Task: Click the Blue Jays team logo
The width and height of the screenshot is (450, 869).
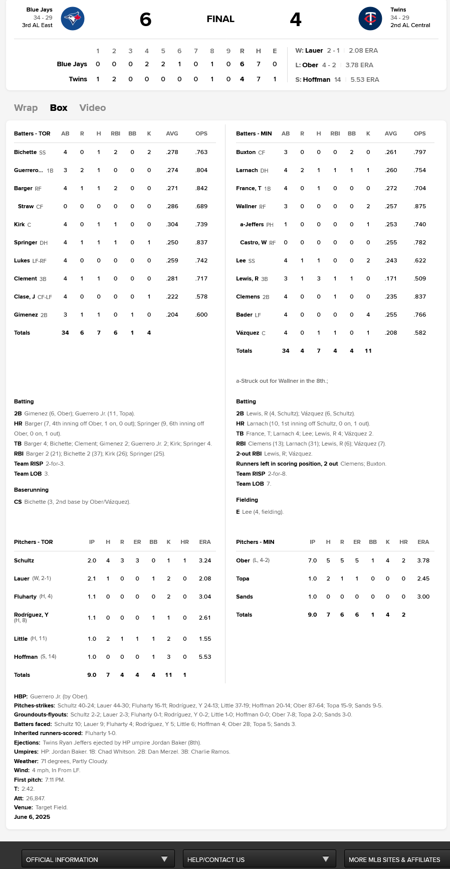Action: pyautogui.click(x=73, y=19)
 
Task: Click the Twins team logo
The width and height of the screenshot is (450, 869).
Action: pyautogui.click(x=370, y=19)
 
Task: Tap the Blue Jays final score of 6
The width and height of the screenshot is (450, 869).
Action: pyautogui.click(x=145, y=19)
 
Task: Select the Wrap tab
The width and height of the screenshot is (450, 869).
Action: pyautogui.click(x=26, y=107)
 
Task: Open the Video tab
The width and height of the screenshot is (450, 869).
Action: pyautogui.click(x=92, y=107)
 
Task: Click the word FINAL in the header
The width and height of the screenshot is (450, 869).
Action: pyautogui.click(x=220, y=19)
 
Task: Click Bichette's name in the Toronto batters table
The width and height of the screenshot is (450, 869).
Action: pyautogui.click(x=25, y=152)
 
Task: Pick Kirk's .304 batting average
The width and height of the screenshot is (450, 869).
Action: pyautogui.click(x=172, y=224)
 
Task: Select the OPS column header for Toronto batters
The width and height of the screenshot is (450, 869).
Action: pyautogui.click(x=201, y=133)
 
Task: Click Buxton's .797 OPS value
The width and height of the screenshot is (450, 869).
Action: pyautogui.click(x=420, y=152)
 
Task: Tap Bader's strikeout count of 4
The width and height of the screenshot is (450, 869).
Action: pyautogui.click(x=368, y=315)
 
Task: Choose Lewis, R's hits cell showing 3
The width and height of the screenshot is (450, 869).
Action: pyautogui.click(x=319, y=278)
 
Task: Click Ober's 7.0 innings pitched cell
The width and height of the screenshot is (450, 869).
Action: pyautogui.click(x=312, y=560)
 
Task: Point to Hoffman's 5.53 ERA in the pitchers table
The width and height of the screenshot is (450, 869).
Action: pyautogui.click(x=205, y=657)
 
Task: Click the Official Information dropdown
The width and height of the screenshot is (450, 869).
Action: pyautogui.click(x=98, y=859)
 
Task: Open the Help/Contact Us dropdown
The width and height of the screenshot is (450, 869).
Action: pyautogui.click(x=259, y=859)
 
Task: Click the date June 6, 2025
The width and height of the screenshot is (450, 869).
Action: pyautogui.click(x=32, y=817)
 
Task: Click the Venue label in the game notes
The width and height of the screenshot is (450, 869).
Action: pyautogui.click(x=24, y=807)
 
